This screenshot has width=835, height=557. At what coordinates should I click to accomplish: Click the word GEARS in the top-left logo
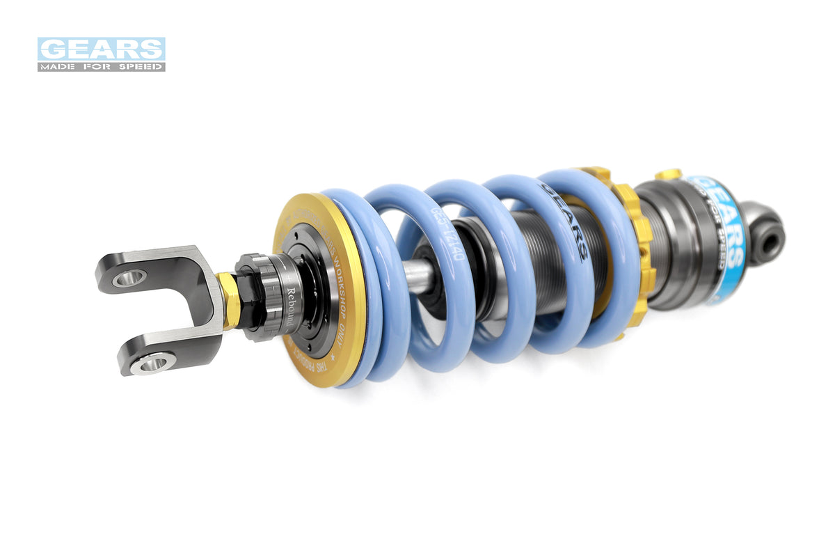click(x=101, y=49)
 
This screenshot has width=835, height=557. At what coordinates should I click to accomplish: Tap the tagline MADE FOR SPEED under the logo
click(x=101, y=66)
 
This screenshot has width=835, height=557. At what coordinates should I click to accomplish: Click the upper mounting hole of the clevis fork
click(x=129, y=278)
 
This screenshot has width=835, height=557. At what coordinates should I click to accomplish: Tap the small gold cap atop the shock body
click(x=668, y=173)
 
